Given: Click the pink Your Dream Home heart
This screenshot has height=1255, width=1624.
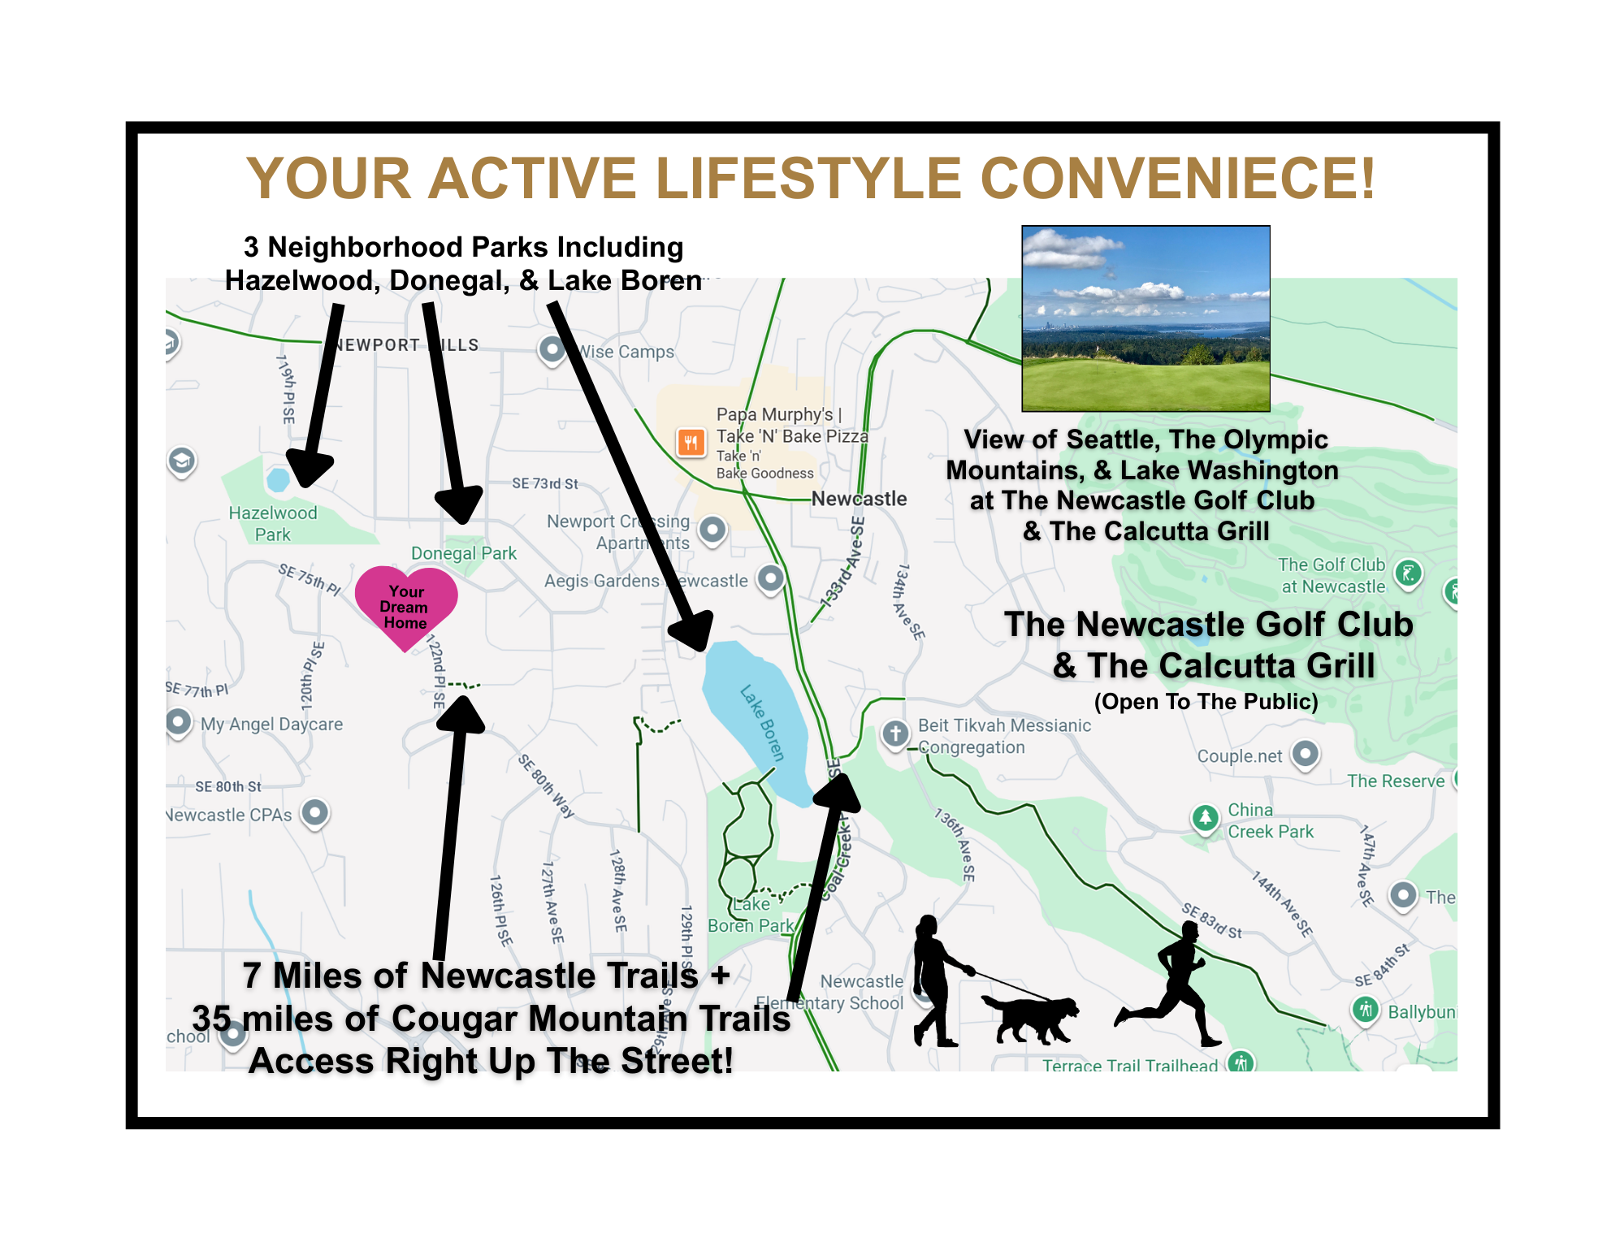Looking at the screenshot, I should point(406,604).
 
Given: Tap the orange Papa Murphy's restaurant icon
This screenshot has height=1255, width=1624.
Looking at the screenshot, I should point(691,443).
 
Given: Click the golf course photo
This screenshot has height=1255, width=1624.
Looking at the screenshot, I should point(1145,318).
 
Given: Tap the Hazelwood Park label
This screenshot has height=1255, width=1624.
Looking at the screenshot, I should point(273,524).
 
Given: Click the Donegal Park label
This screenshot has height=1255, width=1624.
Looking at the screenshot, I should point(464,553).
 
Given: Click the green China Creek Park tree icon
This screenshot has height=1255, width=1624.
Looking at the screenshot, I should point(1205,817).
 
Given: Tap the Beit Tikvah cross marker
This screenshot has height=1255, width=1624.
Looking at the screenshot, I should point(895,734).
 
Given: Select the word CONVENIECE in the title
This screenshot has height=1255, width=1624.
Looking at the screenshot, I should point(1178,179).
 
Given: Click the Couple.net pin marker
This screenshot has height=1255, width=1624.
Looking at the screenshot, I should point(1305,754).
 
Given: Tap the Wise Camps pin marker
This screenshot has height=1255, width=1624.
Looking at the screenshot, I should point(552,350).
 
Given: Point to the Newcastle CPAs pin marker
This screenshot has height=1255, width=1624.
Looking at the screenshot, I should point(315,812).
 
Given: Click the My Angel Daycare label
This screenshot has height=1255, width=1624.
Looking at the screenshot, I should point(271,724).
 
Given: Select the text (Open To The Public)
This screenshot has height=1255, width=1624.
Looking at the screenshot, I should point(1206,702).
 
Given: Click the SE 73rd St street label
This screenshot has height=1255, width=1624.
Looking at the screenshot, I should point(545,484).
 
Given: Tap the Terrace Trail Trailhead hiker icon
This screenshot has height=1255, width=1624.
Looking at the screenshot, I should point(1241,1062).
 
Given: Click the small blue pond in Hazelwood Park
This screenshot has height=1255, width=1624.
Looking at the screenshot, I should point(278,479).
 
